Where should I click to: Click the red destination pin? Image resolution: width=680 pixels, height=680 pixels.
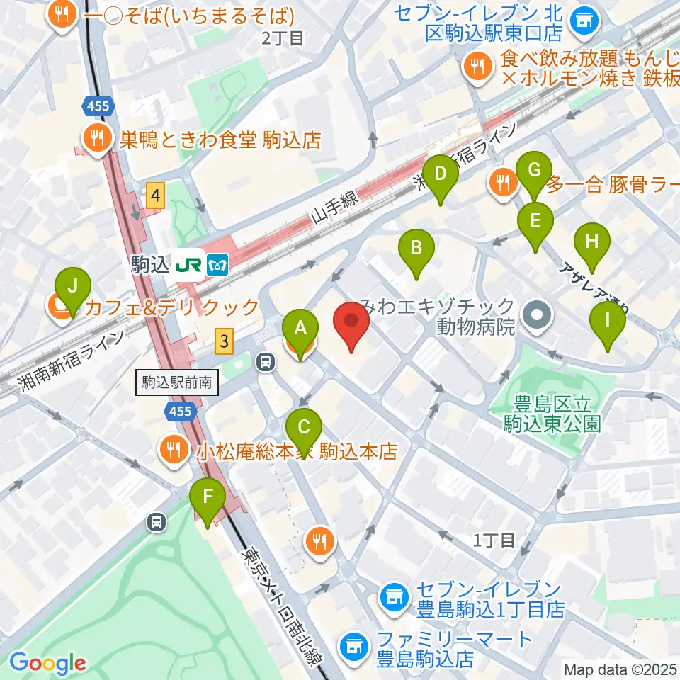[351, 325]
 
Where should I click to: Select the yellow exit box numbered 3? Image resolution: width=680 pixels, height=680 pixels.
[225, 341]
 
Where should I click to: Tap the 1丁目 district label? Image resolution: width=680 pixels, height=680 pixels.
[494, 540]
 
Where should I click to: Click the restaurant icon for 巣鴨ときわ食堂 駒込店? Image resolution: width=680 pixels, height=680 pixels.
[93, 137]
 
